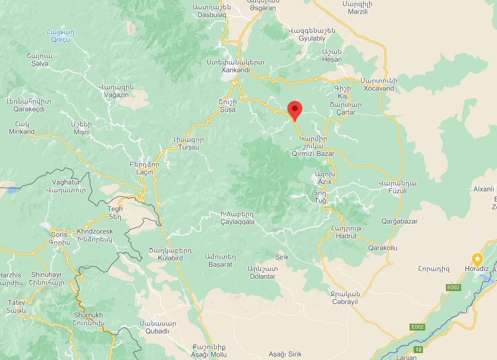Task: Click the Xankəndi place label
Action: pos(236,70)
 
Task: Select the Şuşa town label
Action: pos(227,109)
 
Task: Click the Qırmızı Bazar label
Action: pos(313,154)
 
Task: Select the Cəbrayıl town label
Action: pos(344,302)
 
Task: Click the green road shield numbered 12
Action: pos(418,349)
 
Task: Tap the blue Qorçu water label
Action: pos(60,40)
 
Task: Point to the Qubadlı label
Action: pos(158,331)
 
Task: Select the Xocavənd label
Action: pos(378,88)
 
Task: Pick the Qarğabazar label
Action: pos(399,221)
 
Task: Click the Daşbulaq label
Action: pos(211,15)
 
